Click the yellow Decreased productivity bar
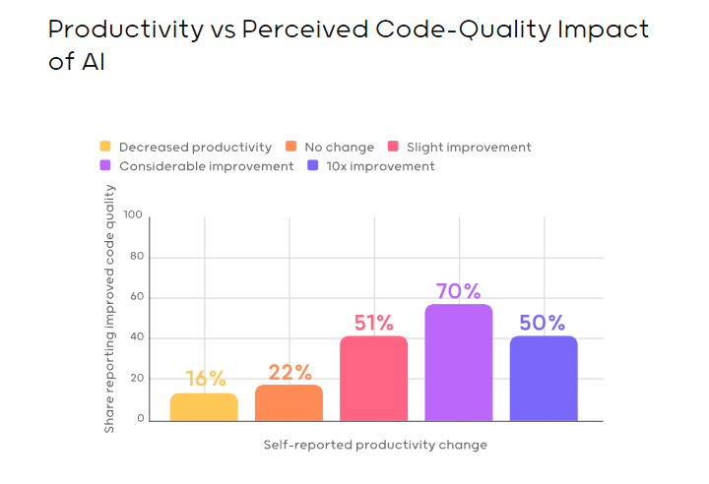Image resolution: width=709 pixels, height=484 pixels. (x=204, y=407)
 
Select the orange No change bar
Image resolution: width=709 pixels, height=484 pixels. (x=289, y=403)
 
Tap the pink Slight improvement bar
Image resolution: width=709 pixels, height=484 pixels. (x=373, y=379)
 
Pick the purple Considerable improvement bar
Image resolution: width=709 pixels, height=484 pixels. (x=459, y=363)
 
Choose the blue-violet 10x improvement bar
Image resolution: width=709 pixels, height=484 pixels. (x=544, y=379)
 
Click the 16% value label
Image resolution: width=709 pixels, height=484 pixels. (x=205, y=379)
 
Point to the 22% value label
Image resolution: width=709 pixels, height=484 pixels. (x=290, y=372)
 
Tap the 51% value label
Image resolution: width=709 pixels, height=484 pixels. (x=374, y=323)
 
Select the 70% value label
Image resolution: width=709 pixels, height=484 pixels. (x=459, y=291)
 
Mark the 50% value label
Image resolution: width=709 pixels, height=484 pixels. (x=544, y=323)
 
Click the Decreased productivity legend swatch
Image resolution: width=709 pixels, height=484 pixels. (x=105, y=148)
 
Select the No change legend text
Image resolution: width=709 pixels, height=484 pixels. (x=339, y=148)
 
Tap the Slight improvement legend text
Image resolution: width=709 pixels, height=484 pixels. (x=469, y=148)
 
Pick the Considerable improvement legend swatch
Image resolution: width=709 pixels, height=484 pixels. (x=105, y=166)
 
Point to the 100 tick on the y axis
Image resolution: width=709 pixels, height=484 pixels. (x=134, y=215)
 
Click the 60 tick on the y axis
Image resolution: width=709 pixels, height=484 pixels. (x=137, y=297)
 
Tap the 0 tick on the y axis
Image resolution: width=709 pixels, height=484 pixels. (x=141, y=419)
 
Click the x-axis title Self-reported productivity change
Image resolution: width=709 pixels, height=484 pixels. (x=375, y=445)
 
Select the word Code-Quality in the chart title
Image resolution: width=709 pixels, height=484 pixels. (x=436, y=29)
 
